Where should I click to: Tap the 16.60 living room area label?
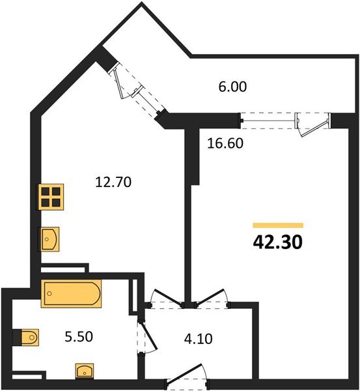[x=225, y=143]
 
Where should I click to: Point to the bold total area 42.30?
[x=277, y=242]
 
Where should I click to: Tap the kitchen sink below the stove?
[x=50, y=239]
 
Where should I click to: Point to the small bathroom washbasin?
[x=84, y=371]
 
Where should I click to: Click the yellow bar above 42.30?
[x=277, y=225]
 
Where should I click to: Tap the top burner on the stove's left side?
[x=46, y=191]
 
